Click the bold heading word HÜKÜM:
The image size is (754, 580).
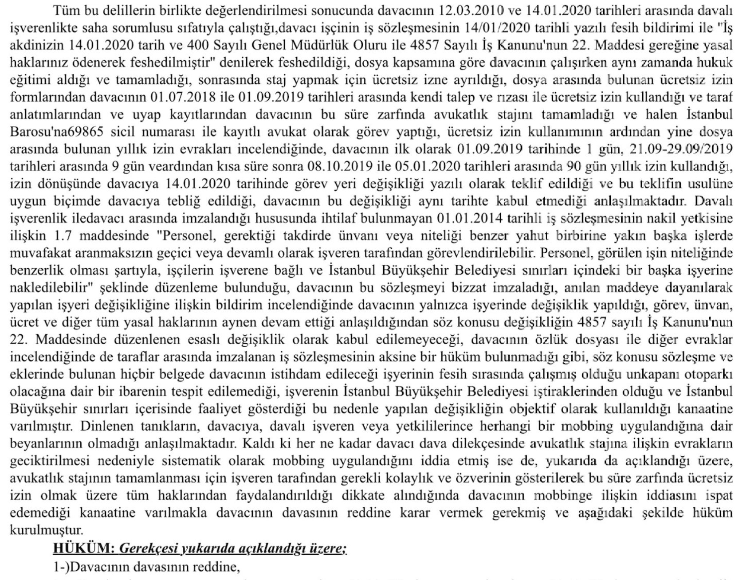coord(84,549)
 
